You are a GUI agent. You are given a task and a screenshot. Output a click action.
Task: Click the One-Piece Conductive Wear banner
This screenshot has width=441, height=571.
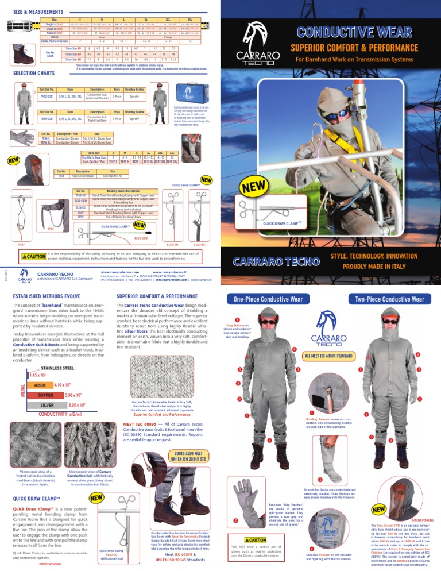(x=264, y=299)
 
